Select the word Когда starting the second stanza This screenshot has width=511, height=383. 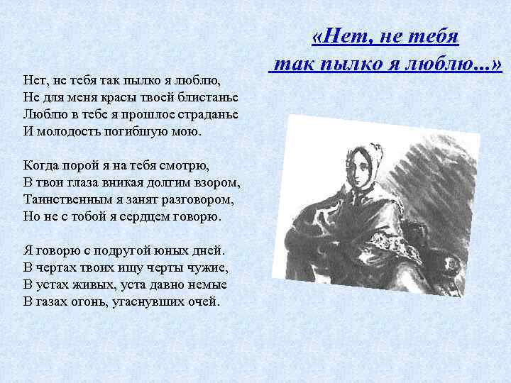point(40,165)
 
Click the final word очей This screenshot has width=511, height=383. point(202,301)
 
